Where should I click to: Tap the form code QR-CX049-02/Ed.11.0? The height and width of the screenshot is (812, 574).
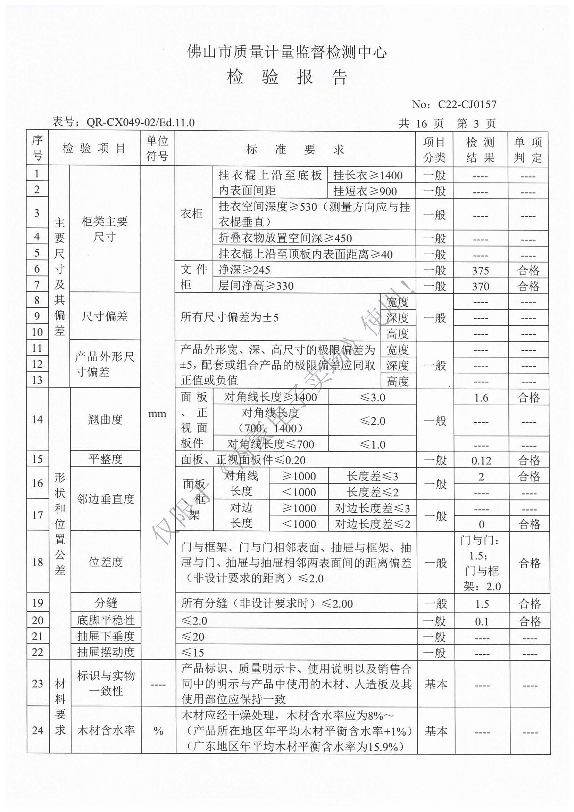pyautogui.click(x=140, y=122)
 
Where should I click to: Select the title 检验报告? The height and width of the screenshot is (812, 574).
pyautogui.click(x=287, y=77)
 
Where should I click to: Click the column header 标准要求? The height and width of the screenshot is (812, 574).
pyautogui.click(x=295, y=149)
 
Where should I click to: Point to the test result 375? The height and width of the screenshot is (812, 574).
pyautogui.click(x=480, y=271)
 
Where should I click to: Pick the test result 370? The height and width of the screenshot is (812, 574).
pyautogui.click(x=480, y=286)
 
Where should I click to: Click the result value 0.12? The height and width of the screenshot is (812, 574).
pyautogui.click(x=481, y=461)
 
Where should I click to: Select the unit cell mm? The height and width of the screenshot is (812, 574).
pyautogui.click(x=157, y=414)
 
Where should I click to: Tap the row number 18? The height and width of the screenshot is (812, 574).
pyautogui.click(x=38, y=562)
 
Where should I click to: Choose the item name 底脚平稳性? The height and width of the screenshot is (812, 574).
pyautogui.click(x=106, y=620)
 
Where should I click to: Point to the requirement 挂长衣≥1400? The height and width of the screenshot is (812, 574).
pyautogui.click(x=368, y=175)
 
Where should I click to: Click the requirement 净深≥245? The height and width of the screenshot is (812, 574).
pyautogui.click(x=244, y=270)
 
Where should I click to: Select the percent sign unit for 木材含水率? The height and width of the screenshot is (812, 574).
pyautogui.click(x=158, y=731)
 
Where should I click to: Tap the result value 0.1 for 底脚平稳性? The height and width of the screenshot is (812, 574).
pyautogui.click(x=482, y=621)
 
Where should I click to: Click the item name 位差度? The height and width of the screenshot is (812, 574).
pyautogui.click(x=106, y=562)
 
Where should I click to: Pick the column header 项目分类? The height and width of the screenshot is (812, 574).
pyautogui.click(x=434, y=149)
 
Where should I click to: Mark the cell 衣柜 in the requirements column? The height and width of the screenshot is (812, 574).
pyautogui.click(x=192, y=214)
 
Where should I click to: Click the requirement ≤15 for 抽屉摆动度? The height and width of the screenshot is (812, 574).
pyautogui.click(x=193, y=652)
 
